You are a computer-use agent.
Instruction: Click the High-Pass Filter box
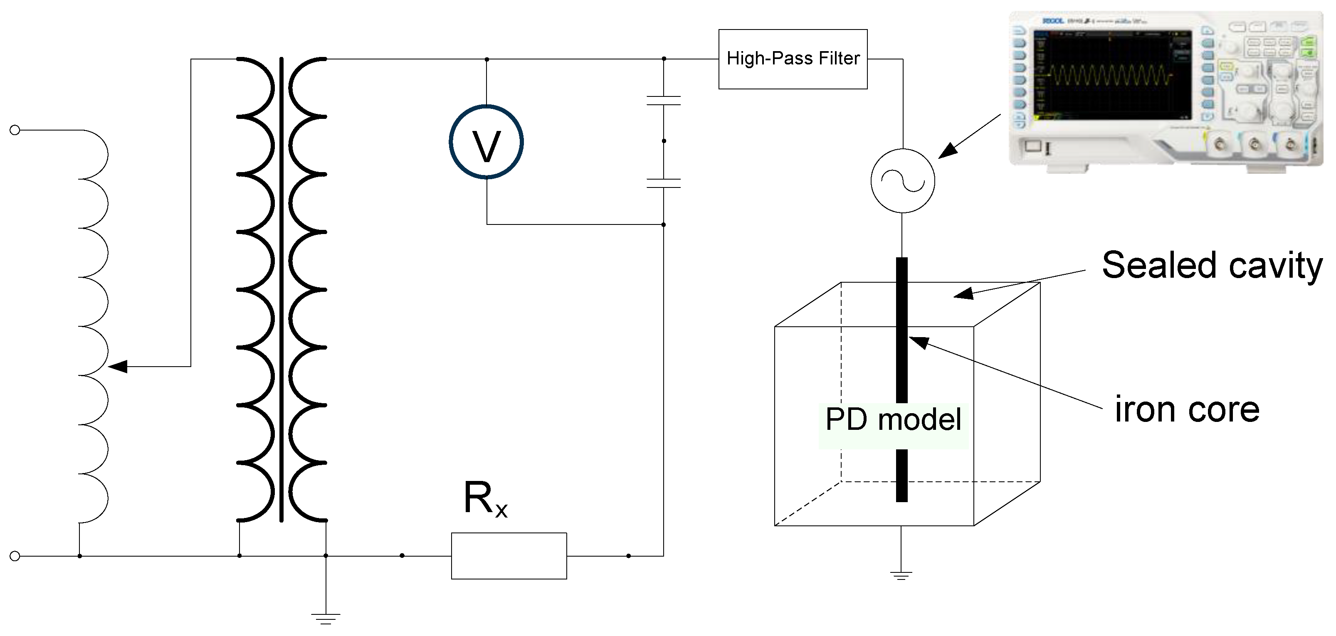[793, 59]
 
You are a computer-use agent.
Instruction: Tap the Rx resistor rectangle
[509, 556]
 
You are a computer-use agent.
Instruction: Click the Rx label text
[484, 499]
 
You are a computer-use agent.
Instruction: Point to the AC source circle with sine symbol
[902, 181]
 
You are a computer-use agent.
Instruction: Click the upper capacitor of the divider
[663, 101]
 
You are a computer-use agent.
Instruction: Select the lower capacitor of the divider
[663, 183]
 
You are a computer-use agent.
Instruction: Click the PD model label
[893, 419]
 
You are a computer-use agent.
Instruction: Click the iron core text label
[1187, 409]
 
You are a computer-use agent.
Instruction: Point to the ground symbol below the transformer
[326, 618]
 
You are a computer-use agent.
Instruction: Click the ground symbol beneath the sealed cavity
[901, 575]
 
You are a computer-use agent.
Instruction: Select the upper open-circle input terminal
[15, 130]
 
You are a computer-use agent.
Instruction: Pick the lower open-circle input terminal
[15, 556]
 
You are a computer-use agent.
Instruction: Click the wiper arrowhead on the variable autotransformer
[118, 367]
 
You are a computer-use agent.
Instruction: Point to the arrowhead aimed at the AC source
[948, 151]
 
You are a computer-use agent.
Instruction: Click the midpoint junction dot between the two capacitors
[664, 141]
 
